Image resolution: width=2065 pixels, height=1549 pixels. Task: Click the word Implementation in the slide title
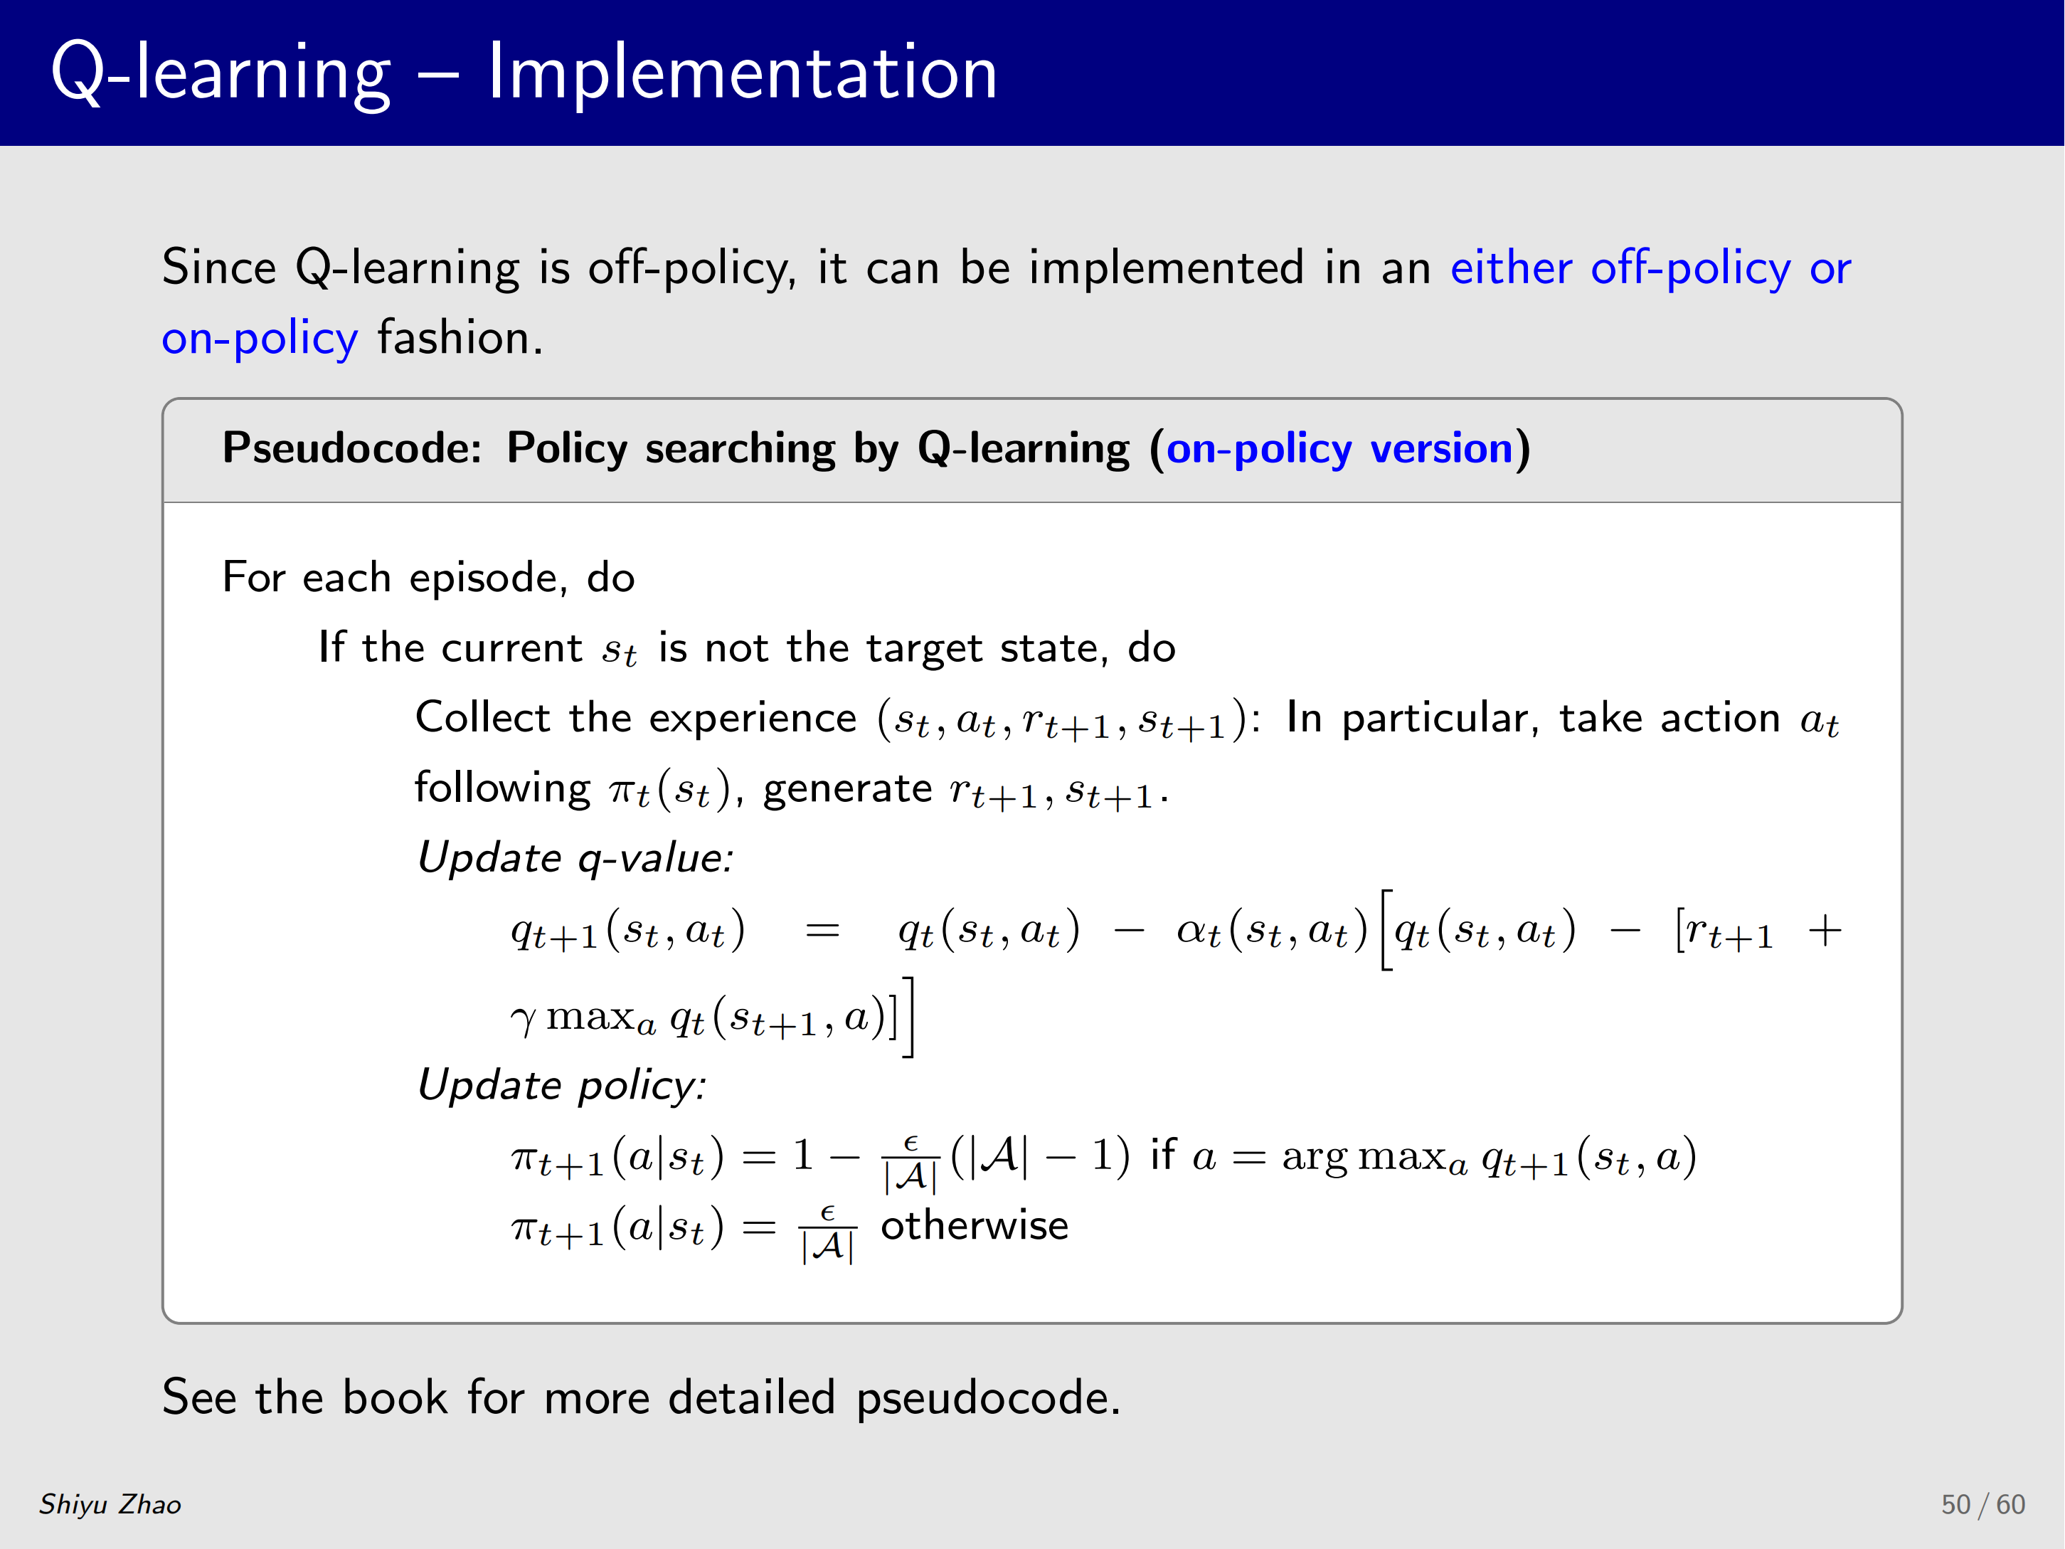point(743,72)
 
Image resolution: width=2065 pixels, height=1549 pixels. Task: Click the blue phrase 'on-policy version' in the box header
point(1339,448)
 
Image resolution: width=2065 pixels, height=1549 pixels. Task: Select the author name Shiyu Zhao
point(110,1504)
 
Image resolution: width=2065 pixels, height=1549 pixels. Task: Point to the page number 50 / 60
point(1983,1504)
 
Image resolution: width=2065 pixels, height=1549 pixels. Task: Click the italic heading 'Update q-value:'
point(575,858)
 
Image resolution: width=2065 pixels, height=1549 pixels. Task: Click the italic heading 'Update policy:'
point(562,1085)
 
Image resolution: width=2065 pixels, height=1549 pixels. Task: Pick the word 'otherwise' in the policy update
point(975,1225)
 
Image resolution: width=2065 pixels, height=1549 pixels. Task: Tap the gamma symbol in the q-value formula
point(524,1020)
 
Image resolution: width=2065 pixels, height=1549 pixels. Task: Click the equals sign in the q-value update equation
point(822,931)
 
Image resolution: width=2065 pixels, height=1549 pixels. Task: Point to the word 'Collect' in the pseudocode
point(483,717)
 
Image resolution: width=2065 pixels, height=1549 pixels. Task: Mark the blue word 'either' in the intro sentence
point(1512,268)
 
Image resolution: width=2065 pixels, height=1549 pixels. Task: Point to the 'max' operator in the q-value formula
point(591,1017)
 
